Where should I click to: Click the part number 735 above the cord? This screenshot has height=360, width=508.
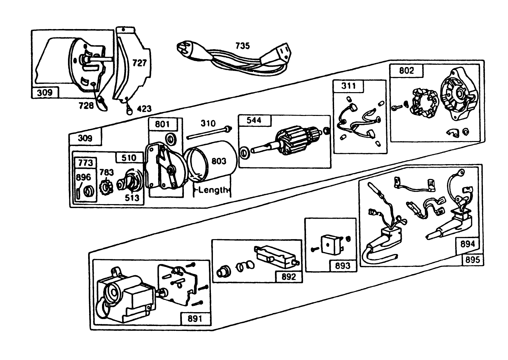pyautogui.click(x=242, y=46)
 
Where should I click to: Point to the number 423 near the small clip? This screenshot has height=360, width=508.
pyautogui.click(x=144, y=109)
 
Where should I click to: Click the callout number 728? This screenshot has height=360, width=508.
pyautogui.click(x=86, y=105)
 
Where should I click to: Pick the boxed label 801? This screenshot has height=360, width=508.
pyautogui.click(x=162, y=124)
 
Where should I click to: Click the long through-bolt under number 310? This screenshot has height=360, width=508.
pyautogui.click(x=208, y=133)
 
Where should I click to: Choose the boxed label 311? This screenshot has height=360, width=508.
pyautogui.click(x=348, y=86)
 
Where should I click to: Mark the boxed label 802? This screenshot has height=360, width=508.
pyautogui.click(x=407, y=71)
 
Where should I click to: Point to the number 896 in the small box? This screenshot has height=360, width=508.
pyautogui.click(x=83, y=177)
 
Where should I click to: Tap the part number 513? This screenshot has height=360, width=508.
pyautogui.click(x=132, y=198)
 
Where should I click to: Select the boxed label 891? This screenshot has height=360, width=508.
pyautogui.click(x=195, y=319)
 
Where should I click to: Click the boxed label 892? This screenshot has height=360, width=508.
pyautogui.click(x=288, y=276)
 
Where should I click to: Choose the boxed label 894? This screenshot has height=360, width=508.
pyautogui.click(x=467, y=244)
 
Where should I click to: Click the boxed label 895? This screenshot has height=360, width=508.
pyautogui.click(x=472, y=260)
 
